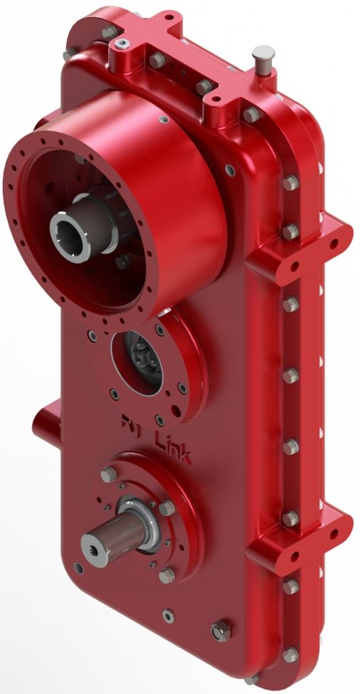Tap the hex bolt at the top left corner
coord(108,33)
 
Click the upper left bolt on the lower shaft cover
coord(108,475)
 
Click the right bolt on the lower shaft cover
coord(168,508)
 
